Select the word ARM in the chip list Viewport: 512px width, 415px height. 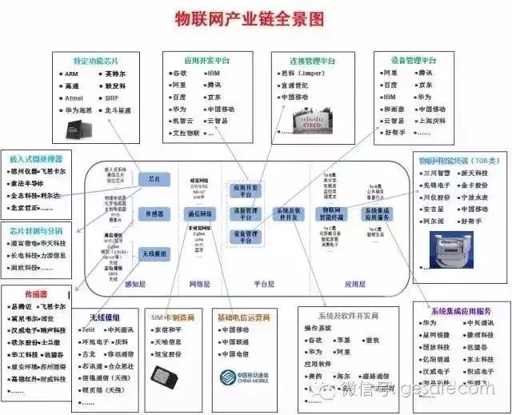click(x=72, y=74)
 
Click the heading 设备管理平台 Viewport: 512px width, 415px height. click(x=413, y=60)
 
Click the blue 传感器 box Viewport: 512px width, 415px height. click(x=154, y=214)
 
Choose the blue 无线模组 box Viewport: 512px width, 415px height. click(x=154, y=253)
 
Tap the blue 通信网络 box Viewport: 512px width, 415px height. click(x=198, y=214)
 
